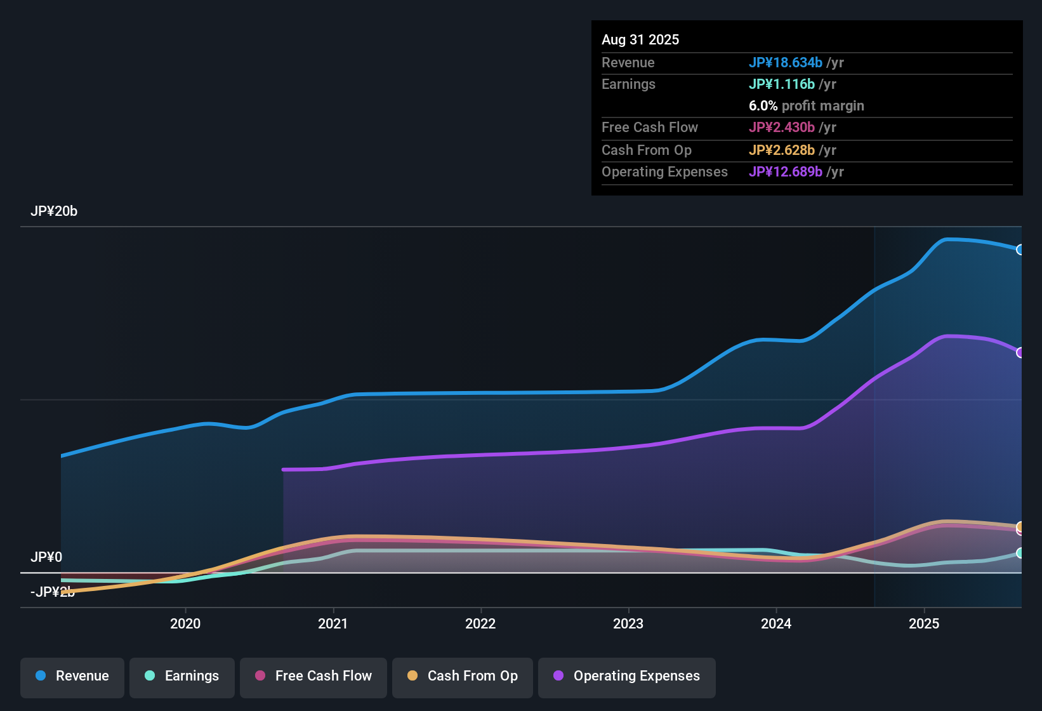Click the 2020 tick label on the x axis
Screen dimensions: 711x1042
click(x=185, y=623)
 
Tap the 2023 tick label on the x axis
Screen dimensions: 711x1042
click(x=628, y=623)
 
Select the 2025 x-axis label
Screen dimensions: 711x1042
click(x=924, y=623)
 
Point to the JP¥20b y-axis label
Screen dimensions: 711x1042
click(x=54, y=211)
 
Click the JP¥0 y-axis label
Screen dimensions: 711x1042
click(x=46, y=557)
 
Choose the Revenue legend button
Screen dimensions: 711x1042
click(x=72, y=676)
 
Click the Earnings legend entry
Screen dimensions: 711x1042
click(x=182, y=676)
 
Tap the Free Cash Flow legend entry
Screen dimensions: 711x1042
click(x=313, y=676)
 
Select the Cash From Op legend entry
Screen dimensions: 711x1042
click(x=463, y=676)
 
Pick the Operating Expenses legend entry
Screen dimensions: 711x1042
click(x=627, y=676)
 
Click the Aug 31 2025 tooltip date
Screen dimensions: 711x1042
click(x=640, y=39)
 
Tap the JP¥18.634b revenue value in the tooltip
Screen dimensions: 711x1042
click(x=786, y=62)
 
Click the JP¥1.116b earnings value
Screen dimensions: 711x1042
click(x=782, y=84)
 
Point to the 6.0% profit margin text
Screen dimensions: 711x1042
click(x=807, y=105)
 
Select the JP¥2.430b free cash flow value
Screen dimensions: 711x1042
click(x=782, y=127)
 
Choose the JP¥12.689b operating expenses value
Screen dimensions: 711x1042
click(x=786, y=171)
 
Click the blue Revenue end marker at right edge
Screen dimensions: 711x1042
click(x=1020, y=249)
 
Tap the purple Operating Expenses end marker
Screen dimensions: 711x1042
click(x=1020, y=352)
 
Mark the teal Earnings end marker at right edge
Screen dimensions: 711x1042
click(x=1020, y=553)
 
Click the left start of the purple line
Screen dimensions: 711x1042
click(x=284, y=470)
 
